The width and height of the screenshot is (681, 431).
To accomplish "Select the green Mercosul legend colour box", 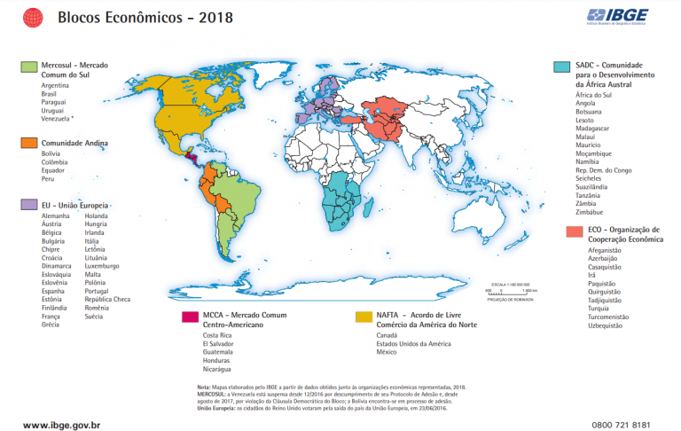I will click(x=29, y=67).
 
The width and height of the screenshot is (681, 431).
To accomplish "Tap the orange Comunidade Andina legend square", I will click(x=29, y=142).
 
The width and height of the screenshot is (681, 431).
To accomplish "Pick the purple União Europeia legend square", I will click(x=29, y=204).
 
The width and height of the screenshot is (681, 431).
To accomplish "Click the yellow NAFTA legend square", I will click(x=363, y=316).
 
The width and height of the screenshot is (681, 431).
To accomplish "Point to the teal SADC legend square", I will click(x=560, y=67).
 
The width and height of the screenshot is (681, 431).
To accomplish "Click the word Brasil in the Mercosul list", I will click(x=49, y=94).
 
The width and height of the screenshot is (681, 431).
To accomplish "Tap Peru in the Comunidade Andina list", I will click(x=48, y=178).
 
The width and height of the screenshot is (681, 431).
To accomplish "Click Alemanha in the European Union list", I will click(x=55, y=216).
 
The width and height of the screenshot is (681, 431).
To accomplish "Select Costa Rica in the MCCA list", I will click(x=218, y=336).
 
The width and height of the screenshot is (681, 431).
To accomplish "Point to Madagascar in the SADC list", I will click(x=593, y=129).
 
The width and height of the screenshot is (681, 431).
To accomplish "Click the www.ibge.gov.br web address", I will click(x=61, y=426).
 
